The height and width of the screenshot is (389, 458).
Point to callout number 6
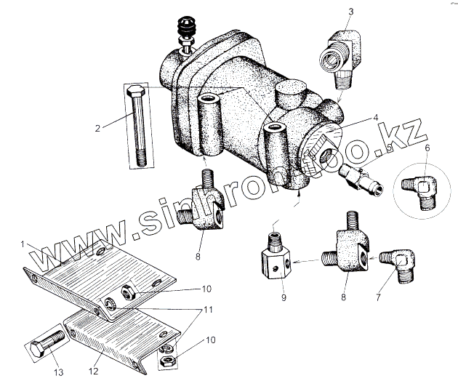tap(426, 148)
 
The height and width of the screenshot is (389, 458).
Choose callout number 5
tap(390, 148)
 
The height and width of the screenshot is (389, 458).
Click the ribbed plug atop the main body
tap(185, 33)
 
